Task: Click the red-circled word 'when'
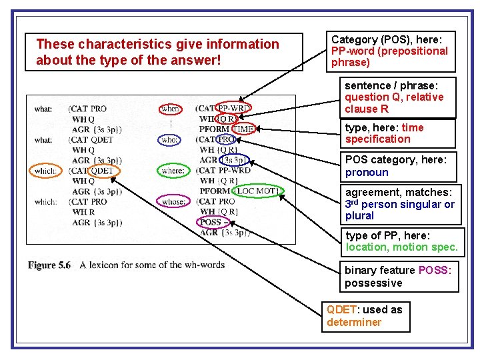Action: coord(171,109)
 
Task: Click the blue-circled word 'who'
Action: coord(169,140)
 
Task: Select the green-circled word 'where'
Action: coord(172,171)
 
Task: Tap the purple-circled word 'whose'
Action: coord(172,201)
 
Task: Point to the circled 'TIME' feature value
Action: coord(243,129)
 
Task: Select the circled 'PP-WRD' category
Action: coord(233,108)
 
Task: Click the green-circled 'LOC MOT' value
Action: coord(258,191)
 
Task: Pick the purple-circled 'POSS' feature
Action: coord(211,222)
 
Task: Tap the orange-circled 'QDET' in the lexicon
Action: coord(101,171)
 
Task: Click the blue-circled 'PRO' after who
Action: coord(227,140)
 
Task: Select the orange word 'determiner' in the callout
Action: coord(354,322)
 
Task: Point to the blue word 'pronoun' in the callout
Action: coord(367,172)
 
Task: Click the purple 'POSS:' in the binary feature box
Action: coord(435,270)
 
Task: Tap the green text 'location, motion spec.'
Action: coord(402,247)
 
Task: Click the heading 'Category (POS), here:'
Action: coord(387,40)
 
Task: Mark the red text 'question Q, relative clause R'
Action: coord(393,103)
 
